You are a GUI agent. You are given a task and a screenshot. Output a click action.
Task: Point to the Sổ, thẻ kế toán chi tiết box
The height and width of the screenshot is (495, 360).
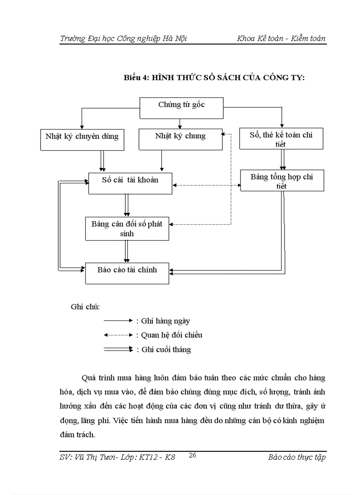tap(281, 139)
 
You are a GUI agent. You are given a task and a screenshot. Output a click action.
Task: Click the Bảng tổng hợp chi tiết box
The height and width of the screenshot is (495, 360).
tap(281, 181)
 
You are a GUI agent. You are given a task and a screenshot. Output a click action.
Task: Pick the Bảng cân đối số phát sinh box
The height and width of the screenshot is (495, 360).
tap(127, 228)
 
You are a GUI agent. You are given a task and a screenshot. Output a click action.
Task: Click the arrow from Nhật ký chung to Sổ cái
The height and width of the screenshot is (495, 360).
tap(162, 161)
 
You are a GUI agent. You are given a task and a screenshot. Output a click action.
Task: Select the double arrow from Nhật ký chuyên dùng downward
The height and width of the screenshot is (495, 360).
tap(102, 161)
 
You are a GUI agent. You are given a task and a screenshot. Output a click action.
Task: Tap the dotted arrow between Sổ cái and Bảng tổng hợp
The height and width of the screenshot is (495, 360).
tap(206, 186)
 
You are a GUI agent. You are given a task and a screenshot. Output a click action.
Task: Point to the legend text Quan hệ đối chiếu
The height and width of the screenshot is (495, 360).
tap(172, 335)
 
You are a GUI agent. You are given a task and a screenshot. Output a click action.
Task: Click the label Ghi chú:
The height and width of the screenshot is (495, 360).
tap(85, 307)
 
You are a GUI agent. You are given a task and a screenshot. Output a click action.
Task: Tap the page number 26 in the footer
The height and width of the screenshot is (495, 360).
tap(192, 456)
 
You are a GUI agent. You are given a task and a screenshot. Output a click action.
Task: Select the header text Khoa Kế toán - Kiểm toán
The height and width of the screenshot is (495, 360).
tap(281, 38)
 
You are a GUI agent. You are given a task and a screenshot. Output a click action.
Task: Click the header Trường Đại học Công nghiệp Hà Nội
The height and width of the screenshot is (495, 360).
tap(124, 38)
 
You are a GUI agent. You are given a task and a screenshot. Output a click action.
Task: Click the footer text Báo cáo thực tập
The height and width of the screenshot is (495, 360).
tap(296, 457)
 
